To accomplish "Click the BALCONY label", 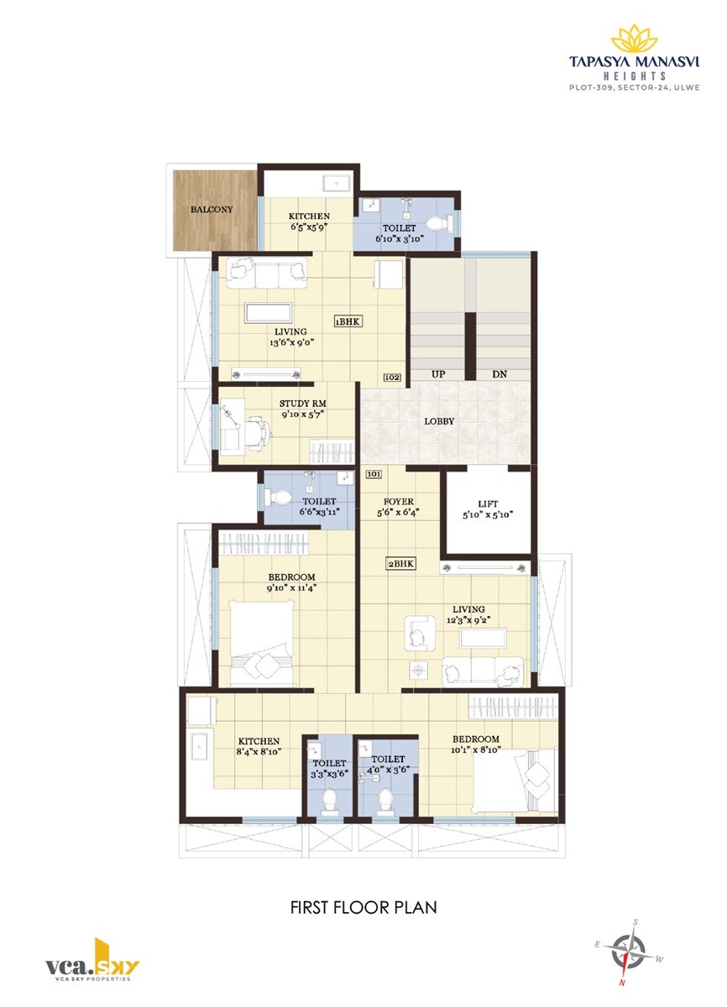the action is point(212,210).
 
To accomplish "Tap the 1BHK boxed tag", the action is point(348,322).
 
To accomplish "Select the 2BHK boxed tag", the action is point(400,563).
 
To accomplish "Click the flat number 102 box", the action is point(392,378).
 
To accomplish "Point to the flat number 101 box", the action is point(374,474).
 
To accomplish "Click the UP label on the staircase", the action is point(438,374).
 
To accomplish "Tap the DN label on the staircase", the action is point(499,374).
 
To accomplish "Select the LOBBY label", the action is point(439,421).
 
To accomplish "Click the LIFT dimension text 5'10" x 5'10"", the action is point(488,515).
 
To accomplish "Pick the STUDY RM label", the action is point(303,404).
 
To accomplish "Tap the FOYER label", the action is point(399,501).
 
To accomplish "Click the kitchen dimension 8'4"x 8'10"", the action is point(259,751).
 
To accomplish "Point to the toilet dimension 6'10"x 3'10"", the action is point(400,239).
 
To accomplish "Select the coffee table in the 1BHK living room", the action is point(268,313).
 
